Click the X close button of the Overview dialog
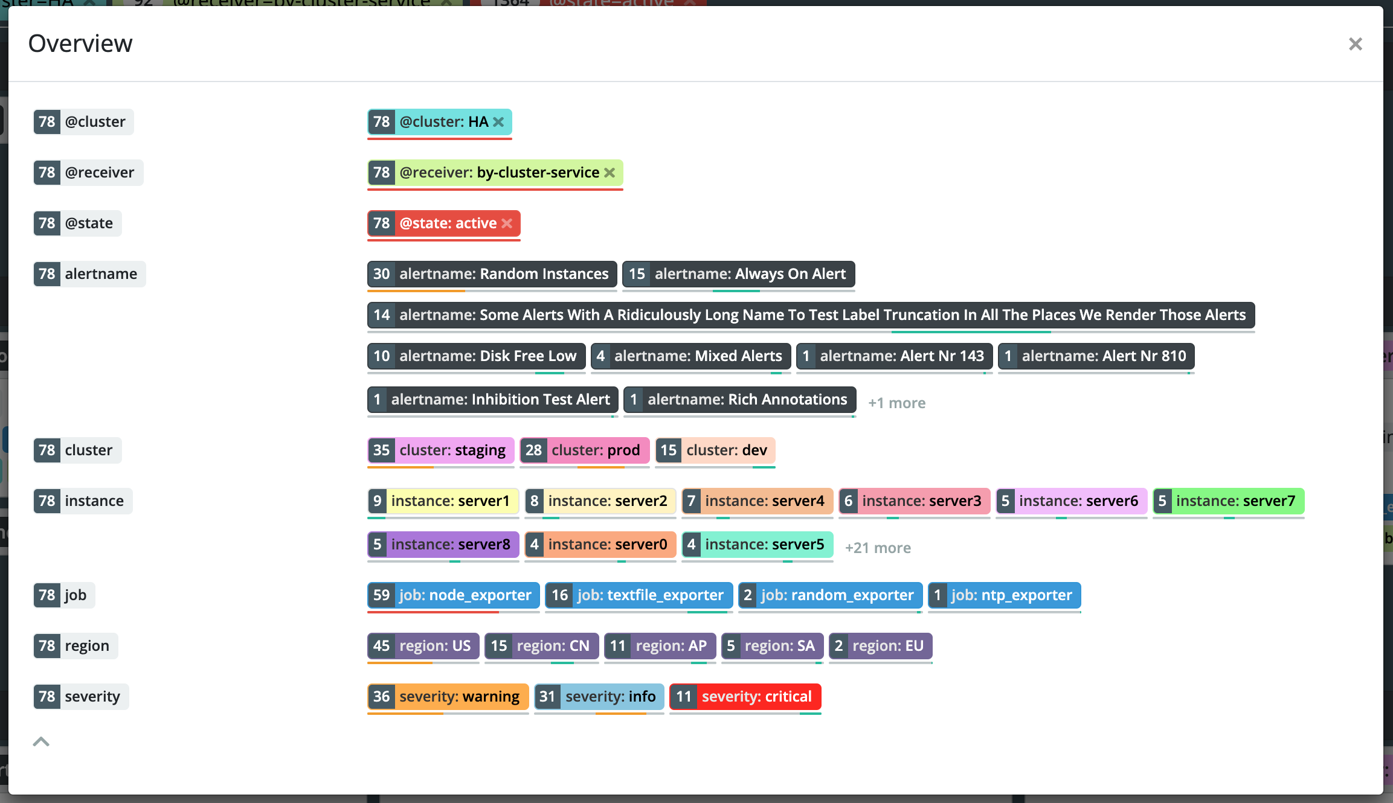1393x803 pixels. click(1355, 44)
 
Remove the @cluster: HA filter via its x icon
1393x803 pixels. click(498, 122)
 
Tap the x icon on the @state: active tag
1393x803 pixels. click(507, 223)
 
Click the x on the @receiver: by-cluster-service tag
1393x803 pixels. click(610, 173)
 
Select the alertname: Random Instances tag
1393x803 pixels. click(492, 274)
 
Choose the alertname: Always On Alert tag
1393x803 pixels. click(738, 274)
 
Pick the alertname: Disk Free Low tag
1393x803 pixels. click(476, 356)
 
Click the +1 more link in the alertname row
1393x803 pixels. click(896, 403)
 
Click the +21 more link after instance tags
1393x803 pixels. click(878, 548)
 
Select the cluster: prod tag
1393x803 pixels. click(584, 450)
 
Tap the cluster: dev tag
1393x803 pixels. click(715, 450)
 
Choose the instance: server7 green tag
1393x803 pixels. click(1228, 501)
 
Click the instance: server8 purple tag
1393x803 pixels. click(443, 545)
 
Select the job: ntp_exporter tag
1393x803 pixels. click(1004, 595)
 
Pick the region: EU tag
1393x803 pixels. click(880, 646)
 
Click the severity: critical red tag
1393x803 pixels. click(745, 697)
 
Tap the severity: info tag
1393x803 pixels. click(599, 697)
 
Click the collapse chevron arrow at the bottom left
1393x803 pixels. click(41, 741)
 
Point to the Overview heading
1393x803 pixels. click(80, 43)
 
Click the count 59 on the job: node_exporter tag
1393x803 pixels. click(381, 595)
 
